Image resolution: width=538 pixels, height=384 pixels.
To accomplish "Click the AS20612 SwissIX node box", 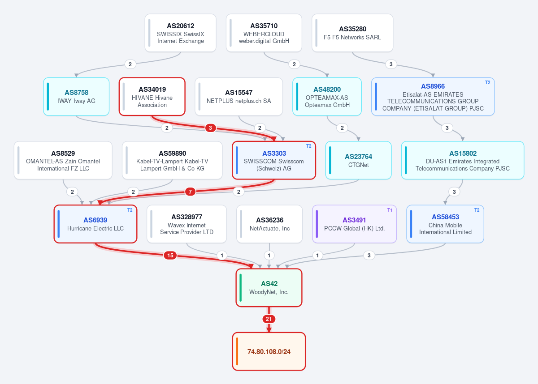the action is click(180, 33).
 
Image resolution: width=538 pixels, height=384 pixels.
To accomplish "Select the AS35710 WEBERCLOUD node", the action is click(264, 33).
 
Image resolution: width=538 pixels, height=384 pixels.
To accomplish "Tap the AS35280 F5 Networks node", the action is click(352, 33).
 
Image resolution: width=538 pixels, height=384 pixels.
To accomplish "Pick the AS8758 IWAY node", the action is click(76, 97).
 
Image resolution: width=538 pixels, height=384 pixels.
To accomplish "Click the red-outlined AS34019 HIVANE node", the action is click(152, 97).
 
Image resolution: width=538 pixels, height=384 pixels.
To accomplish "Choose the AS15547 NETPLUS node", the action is click(239, 97).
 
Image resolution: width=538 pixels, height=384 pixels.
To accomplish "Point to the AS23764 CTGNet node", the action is click(358, 160).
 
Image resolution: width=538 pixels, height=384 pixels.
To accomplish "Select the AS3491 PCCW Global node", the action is click(354, 224).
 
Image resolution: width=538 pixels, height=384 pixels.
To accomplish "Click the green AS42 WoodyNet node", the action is click(269, 288).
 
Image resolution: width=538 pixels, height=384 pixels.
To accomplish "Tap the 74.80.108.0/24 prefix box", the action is click(269, 351).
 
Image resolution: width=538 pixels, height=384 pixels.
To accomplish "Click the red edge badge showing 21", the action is click(269, 319).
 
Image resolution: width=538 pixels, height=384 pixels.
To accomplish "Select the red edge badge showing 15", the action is click(170, 255).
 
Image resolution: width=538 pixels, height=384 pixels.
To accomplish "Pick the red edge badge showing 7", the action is click(190, 192).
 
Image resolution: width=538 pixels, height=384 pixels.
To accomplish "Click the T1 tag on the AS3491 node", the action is click(390, 210).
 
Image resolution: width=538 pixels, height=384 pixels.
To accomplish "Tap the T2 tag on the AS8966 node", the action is click(488, 82).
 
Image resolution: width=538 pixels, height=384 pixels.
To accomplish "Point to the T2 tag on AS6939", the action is click(130, 210).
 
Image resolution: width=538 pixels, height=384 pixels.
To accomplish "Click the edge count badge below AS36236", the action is click(269, 256).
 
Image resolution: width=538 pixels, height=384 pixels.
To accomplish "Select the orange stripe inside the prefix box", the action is click(237, 351).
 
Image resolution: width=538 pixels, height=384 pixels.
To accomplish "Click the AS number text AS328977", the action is click(187, 217).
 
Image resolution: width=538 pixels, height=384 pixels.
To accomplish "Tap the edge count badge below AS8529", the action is click(72, 192).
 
